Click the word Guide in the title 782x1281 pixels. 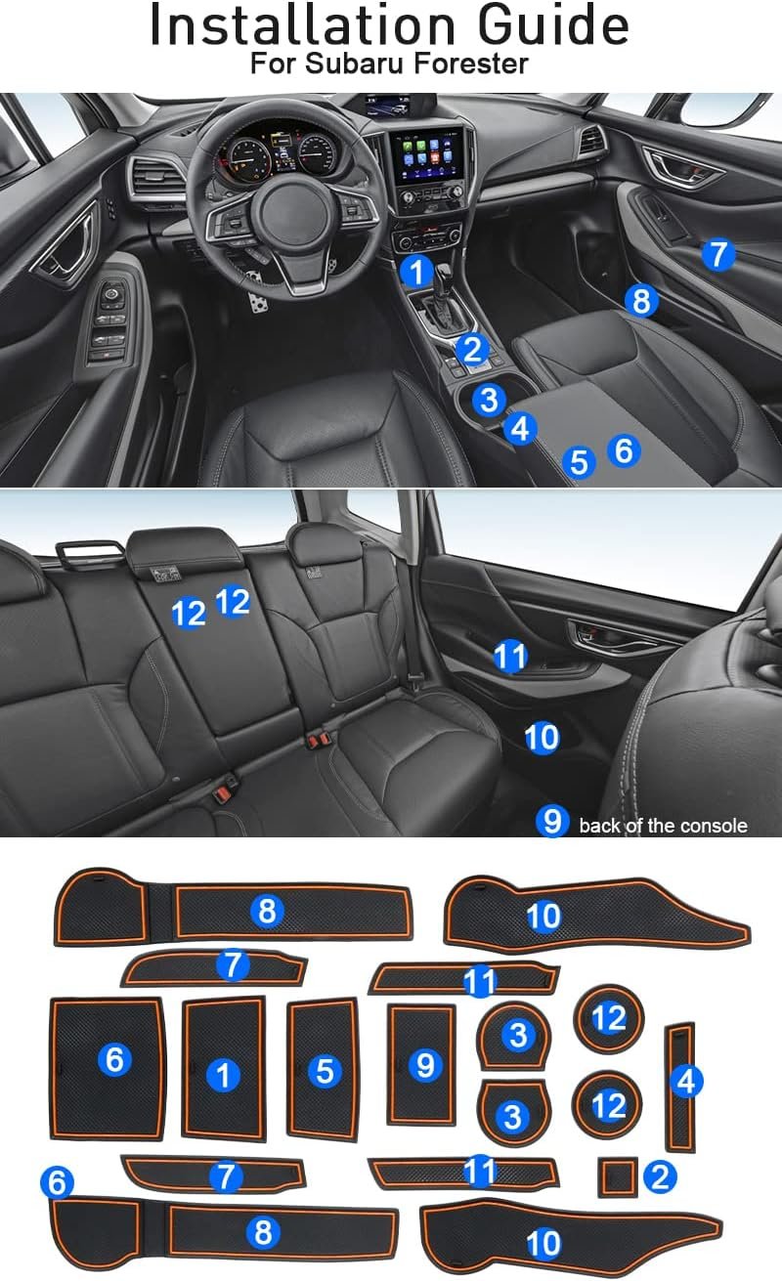552,25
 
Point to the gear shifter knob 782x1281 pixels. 445,273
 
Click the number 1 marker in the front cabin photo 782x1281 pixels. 417,271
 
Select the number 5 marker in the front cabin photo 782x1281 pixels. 579,462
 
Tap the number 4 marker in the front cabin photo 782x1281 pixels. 520,428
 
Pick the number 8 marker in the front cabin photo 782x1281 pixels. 641,300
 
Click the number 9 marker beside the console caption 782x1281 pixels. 552,821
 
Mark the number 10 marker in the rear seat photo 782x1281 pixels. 542,737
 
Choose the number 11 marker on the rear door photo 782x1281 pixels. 510,657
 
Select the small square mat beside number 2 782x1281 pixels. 617,1177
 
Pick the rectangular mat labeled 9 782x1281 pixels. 421,1065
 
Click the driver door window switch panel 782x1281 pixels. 109,322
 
